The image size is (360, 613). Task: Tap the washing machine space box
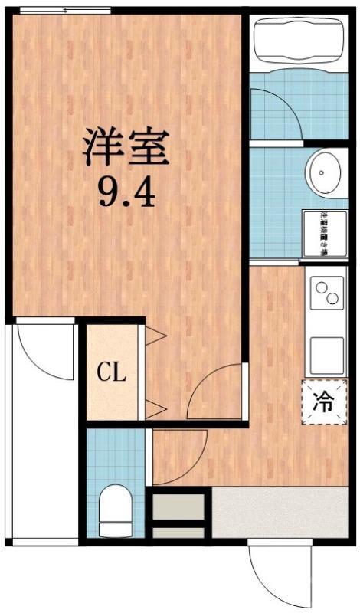[x=322, y=233]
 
